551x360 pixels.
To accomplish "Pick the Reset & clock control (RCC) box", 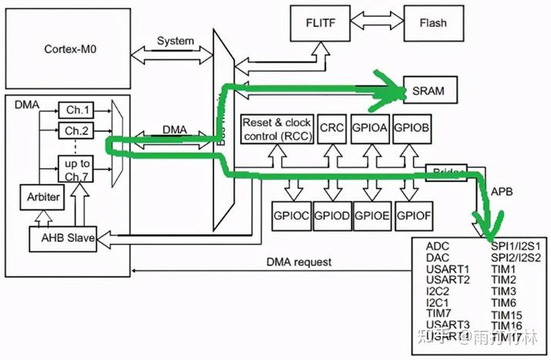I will pyautogui.click(x=276, y=130).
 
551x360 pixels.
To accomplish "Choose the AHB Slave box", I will pyautogui.click(x=68, y=238).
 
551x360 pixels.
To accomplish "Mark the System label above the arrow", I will pyautogui.click(x=175, y=40).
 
